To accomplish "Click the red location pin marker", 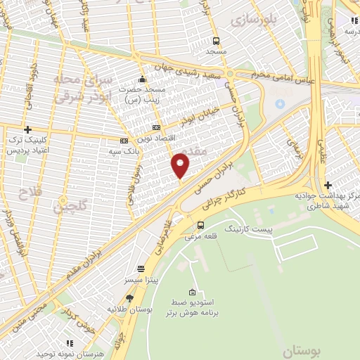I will tap(181, 166).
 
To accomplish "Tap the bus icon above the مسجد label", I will tap(216, 41).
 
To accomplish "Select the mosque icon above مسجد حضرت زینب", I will tap(143, 79).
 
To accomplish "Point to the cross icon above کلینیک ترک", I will tap(27, 129).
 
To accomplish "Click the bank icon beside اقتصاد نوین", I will tap(156, 127).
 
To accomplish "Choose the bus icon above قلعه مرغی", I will tap(201, 225).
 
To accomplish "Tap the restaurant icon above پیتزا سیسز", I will tap(141, 269).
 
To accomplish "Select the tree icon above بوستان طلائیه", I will tap(129, 298).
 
